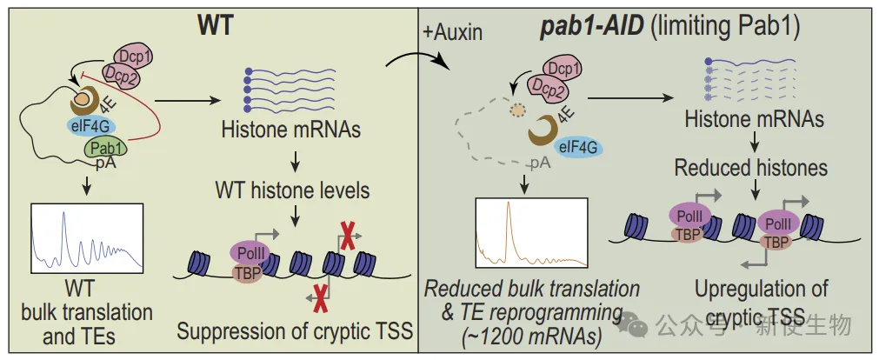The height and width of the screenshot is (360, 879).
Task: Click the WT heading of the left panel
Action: click(215, 23)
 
